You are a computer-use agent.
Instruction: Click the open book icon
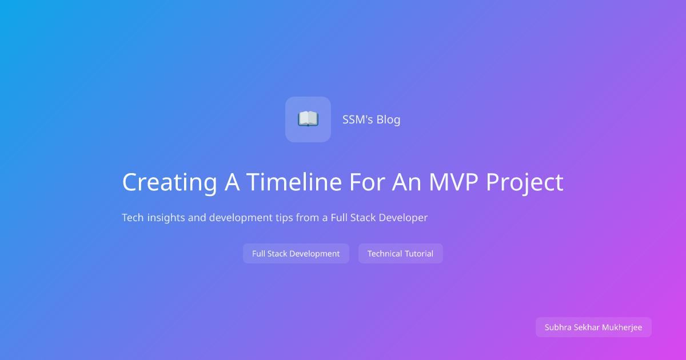(308, 119)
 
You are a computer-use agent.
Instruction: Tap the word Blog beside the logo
(388, 119)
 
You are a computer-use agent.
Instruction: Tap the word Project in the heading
(525, 182)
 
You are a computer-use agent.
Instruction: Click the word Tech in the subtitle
(133, 218)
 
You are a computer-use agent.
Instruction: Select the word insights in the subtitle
(166, 218)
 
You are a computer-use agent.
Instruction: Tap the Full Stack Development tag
(296, 254)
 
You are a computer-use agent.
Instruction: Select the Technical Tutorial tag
(400, 254)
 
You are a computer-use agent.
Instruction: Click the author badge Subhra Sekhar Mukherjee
(593, 327)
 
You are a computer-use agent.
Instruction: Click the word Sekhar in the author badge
(587, 327)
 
